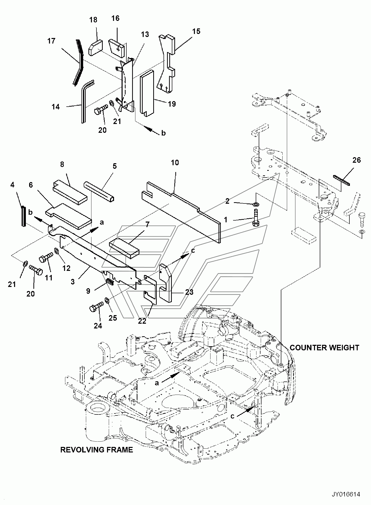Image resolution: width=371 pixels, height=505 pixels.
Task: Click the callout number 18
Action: (x=93, y=20)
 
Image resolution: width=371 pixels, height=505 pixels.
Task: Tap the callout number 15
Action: (x=196, y=31)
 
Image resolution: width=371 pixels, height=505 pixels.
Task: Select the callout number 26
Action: (x=356, y=160)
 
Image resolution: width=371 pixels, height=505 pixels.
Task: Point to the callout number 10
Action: (x=175, y=162)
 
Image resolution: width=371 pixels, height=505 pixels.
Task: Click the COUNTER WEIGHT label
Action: (x=325, y=348)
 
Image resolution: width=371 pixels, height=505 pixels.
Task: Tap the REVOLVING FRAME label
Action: (x=97, y=449)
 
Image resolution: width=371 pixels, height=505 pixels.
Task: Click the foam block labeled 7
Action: (x=124, y=249)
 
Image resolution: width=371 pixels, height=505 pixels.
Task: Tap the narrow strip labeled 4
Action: (x=24, y=216)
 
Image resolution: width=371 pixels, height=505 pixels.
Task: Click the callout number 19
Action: (x=172, y=104)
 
